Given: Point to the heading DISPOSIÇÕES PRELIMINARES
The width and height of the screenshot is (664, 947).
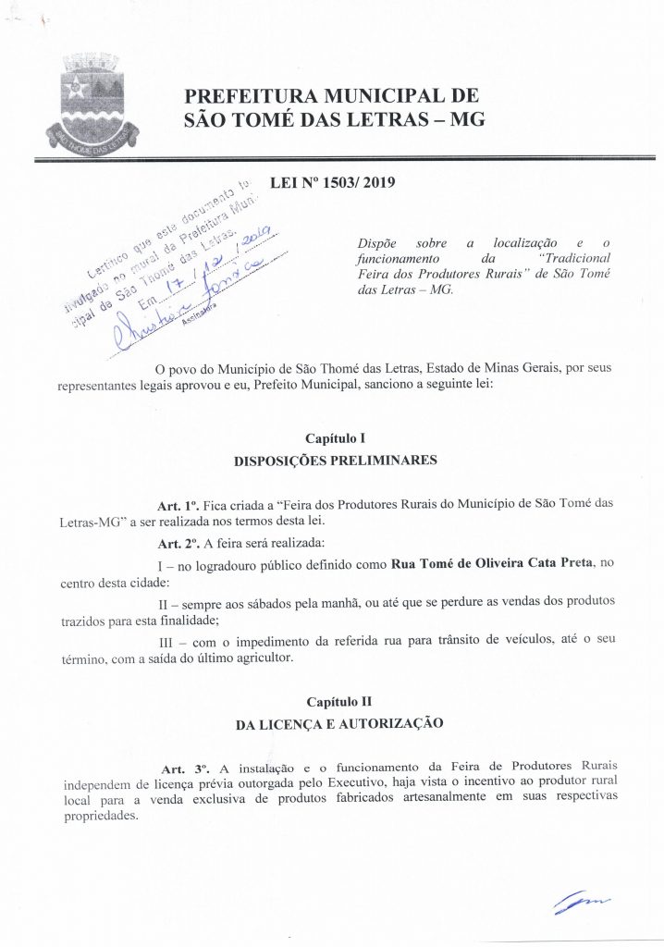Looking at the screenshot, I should point(336,459).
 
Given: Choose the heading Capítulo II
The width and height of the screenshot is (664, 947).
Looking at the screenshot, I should point(337,702).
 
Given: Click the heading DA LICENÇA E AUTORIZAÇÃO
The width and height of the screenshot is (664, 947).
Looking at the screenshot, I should point(336,724).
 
